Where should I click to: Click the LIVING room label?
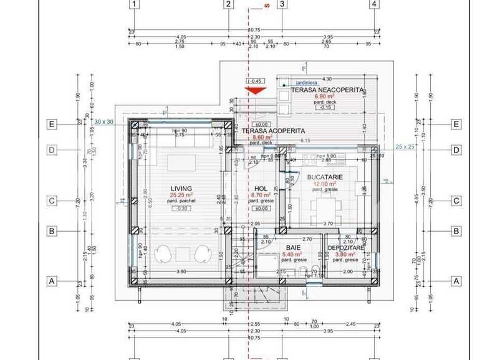click(181, 188)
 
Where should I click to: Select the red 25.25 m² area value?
click(181, 195)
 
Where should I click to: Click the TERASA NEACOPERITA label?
click(327, 90)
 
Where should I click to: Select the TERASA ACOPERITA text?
click(274, 131)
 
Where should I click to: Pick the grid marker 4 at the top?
click(375, 4)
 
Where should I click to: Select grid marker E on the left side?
click(52, 124)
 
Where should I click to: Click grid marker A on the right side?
click(456, 281)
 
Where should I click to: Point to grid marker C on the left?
click(52, 201)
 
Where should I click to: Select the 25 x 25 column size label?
click(406, 147)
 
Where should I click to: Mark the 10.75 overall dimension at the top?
click(254, 30)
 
